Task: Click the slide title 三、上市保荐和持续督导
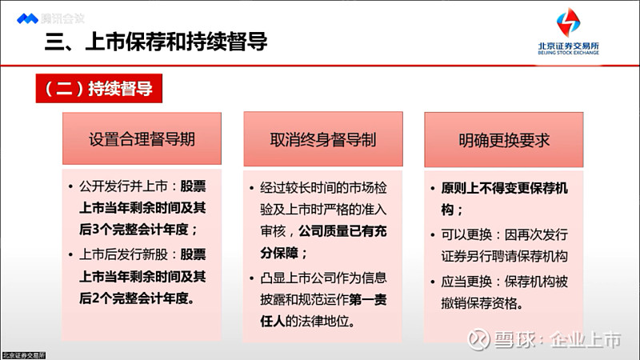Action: [154, 42]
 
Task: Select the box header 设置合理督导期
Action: [142, 139]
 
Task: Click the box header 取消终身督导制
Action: [322, 139]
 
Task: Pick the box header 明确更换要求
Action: [504, 139]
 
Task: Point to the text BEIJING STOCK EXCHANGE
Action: [568, 54]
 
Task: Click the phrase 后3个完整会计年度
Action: [136, 230]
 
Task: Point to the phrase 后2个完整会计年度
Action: [136, 297]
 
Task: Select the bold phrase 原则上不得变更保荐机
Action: [504, 189]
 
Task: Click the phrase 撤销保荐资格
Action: [484, 303]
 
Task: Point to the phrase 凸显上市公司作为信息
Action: [323, 278]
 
